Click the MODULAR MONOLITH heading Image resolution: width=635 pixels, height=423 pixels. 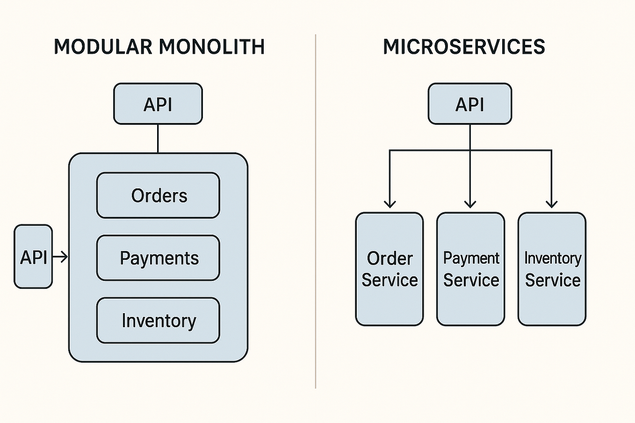[159, 47]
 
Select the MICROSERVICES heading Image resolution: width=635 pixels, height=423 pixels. [464, 47]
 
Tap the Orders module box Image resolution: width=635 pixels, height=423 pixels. [158, 195]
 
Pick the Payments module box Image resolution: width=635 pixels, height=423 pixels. [158, 258]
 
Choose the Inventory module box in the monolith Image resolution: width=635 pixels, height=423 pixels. [158, 321]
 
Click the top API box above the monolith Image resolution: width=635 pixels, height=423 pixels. [158, 104]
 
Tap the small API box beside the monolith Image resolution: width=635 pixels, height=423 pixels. [33, 257]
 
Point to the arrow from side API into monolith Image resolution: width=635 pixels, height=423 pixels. [61, 257]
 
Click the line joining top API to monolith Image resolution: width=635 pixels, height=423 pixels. [158, 138]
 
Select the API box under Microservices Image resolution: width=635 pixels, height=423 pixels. [470, 104]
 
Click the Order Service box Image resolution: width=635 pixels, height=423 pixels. [390, 269]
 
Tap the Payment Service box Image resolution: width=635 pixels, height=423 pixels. [471, 269]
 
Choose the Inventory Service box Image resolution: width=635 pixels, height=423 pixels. [552, 269]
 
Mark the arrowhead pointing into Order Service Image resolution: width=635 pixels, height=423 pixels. [390, 204]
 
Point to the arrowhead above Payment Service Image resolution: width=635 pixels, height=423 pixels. [470, 204]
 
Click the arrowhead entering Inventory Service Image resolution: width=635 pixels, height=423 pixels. [552, 204]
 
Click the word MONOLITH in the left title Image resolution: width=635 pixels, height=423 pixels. [211, 47]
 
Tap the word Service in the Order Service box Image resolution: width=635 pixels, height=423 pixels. [390, 280]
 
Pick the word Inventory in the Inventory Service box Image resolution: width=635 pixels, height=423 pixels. [552, 258]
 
